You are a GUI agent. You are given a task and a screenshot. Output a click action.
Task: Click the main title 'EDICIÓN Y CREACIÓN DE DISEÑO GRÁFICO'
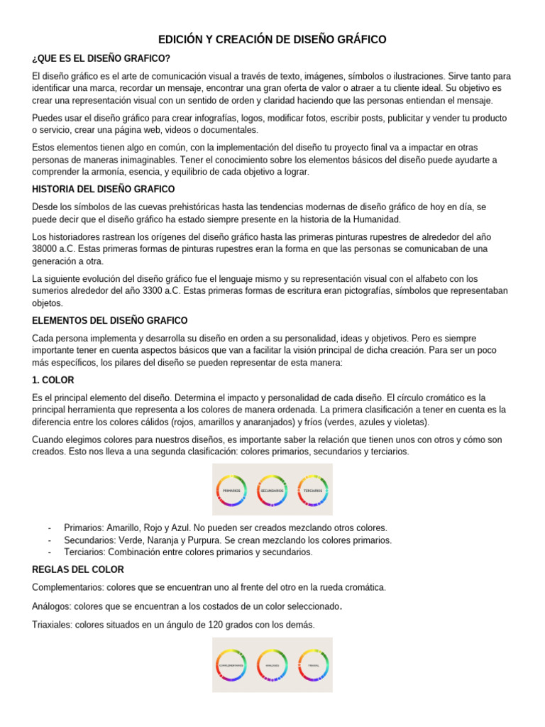pos(272,40)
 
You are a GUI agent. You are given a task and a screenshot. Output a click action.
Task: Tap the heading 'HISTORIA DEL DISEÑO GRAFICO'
pos(104,189)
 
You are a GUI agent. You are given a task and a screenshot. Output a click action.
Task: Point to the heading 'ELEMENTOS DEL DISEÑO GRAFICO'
pos(110,321)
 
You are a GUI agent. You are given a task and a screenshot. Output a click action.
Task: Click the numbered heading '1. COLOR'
pos(53,381)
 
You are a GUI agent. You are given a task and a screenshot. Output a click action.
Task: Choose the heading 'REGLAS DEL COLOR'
pos(78,569)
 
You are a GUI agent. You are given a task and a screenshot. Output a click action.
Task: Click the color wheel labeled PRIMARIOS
pos(231,490)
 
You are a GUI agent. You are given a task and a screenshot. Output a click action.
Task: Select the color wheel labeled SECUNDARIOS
pos(272,490)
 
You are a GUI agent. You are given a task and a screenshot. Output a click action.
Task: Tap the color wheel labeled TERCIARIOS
pos(313,490)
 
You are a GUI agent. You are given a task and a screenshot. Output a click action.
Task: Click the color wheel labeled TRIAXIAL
pos(313,665)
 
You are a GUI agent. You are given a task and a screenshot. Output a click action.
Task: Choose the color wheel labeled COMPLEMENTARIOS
pos(231,665)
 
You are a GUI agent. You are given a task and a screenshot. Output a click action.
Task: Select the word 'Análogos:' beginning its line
pos(54,606)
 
